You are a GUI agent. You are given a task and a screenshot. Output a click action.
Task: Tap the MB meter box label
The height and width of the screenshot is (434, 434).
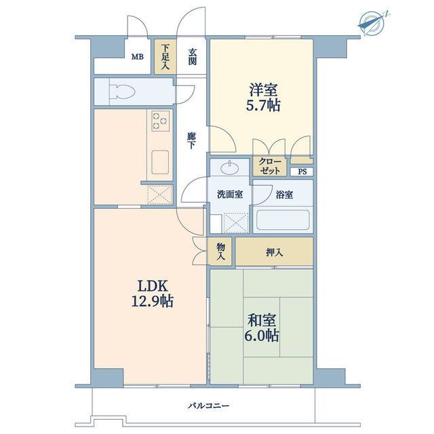tap(137, 57)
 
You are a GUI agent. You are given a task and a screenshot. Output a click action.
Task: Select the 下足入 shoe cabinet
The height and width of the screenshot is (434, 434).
tap(165, 56)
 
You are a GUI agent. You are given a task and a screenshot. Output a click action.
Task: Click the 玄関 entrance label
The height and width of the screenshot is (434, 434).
tap(193, 57)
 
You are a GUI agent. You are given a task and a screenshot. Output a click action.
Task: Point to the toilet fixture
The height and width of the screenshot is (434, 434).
tap(122, 92)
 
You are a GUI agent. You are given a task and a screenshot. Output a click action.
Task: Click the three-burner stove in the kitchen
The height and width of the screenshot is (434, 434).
tap(160, 121)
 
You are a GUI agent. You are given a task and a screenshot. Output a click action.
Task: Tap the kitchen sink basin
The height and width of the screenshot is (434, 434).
tap(160, 162)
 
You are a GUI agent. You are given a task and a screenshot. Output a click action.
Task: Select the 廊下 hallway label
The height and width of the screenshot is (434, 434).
tap(191, 140)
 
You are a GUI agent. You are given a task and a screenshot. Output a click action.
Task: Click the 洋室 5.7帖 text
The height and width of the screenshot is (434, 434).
tap(263, 98)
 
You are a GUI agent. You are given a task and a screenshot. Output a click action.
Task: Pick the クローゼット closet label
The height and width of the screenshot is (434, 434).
tap(270, 166)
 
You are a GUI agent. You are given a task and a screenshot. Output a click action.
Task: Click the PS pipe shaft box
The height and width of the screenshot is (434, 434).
tap(302, 172)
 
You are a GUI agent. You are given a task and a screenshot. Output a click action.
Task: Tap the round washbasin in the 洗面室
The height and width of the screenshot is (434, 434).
tap(230, 167)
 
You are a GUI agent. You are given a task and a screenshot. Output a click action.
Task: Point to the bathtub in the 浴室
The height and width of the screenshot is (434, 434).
tap(283, 220)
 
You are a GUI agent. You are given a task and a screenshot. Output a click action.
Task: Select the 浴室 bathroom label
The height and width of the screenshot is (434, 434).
tap(284, 195)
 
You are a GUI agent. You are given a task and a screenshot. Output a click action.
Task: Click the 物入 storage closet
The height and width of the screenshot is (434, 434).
tap(220, 252)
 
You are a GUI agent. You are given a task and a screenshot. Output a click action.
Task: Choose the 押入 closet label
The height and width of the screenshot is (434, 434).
tap(274, 252)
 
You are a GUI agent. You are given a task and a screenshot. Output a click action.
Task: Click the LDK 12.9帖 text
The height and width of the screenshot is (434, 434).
tap(152, 294)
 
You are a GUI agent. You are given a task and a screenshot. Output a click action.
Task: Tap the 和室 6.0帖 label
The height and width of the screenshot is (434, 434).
tap(262, 328)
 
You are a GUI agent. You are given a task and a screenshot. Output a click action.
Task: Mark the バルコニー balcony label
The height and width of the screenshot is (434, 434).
tap(209, 406)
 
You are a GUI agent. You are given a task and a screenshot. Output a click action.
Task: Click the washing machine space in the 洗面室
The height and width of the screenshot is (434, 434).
tap(236, 223)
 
